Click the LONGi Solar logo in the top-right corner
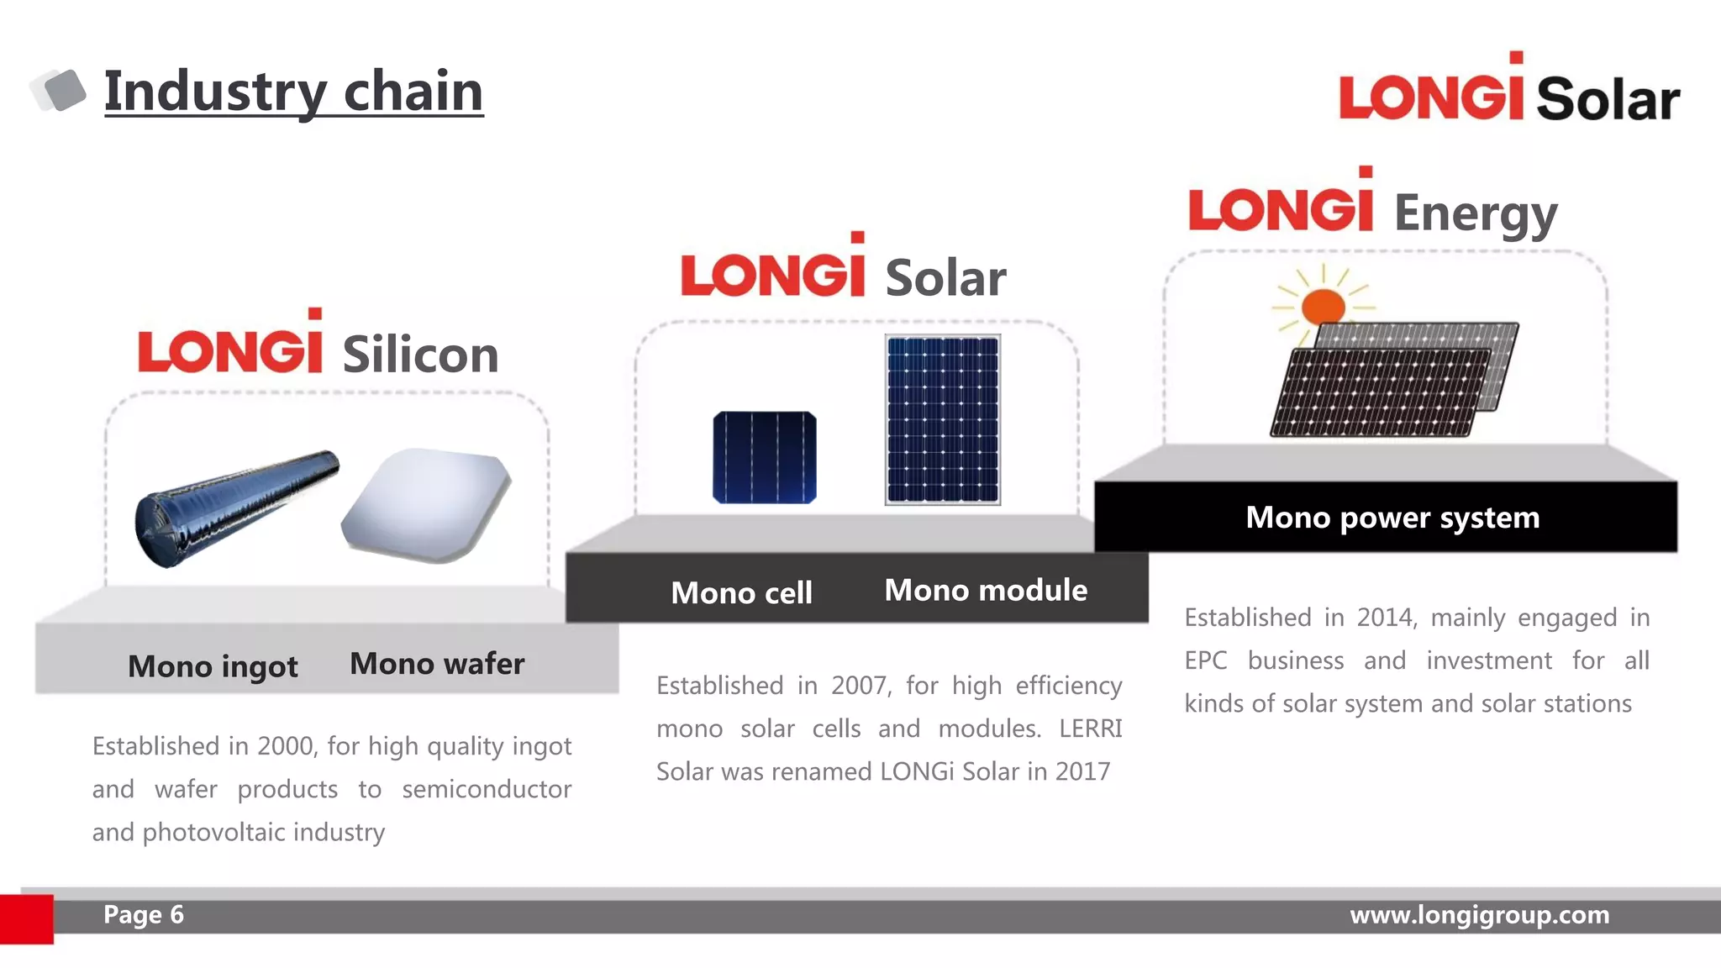pyautogui.click(x=1509, y=92)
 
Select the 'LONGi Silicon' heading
pyautogui.click(x=318, y=346)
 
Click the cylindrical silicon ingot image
pyautogui.click(x=236, y=507)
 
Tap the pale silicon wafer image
pyautogui.click(x=427, y=504)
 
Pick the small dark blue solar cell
pyautogui.click(x=764, y=458)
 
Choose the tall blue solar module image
pyautogui.click(x=942, y=419)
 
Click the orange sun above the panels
pyautogui.click(x=1323, y=306)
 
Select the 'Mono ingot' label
pyautogui.click(x=213, y=666)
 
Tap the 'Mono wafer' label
pyautogui.click(x=437, y=664)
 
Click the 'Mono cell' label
pyautogui.click(x=741, y=593)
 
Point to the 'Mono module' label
pyautogui.click(x=986, y=591)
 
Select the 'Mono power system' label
pyautogui.click(x=1392, y=518)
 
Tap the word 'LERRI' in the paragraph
pyautogui.click(x=1090, y=729)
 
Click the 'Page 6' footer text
pyautogui.click(x=143, y=915)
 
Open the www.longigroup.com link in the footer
pyautogui.click(x=1479, y=915)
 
